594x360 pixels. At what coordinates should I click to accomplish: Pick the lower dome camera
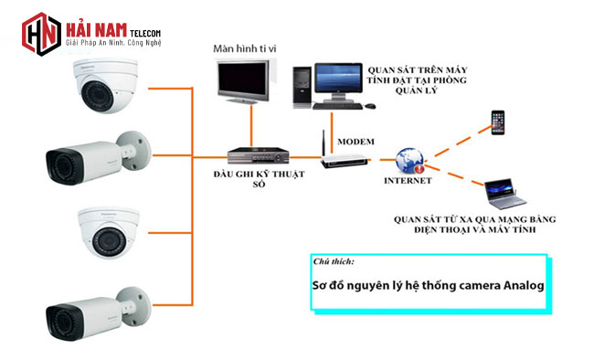click(x=107, y=229)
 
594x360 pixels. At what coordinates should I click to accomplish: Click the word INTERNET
click(x=407, y=181)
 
